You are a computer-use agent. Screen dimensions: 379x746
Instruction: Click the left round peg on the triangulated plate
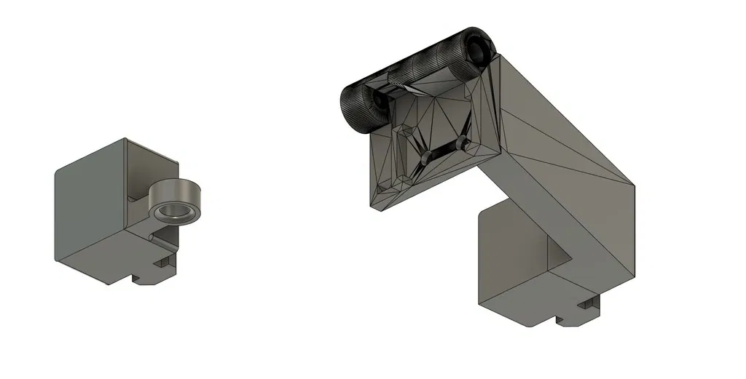[x=425, y=156]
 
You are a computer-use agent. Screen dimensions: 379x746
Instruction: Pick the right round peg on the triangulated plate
[x=462, y=141]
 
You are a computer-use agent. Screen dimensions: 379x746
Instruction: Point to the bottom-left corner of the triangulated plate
[x=372, y=206]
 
